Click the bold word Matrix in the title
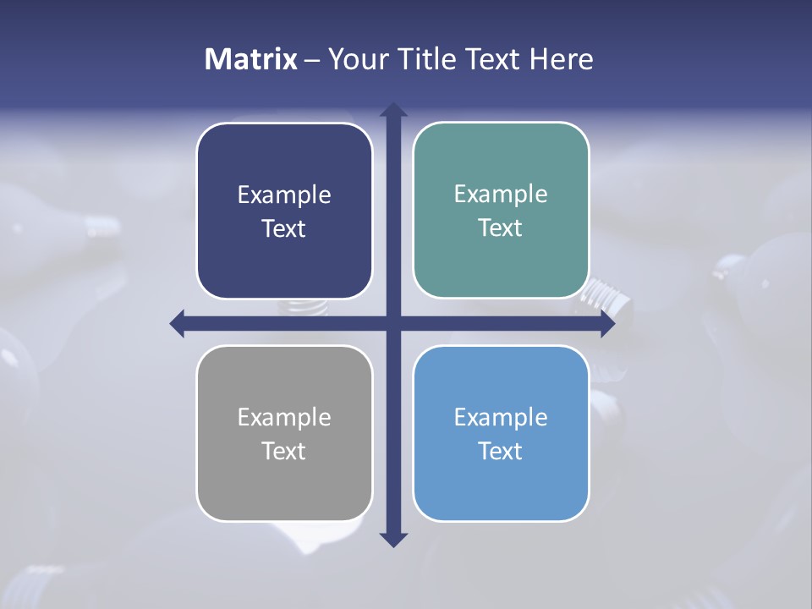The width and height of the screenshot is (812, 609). (251, 59)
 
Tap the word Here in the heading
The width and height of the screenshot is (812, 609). (561, 59)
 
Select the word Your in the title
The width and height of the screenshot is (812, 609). (351, 59)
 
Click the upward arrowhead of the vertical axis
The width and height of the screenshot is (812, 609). (393, 111)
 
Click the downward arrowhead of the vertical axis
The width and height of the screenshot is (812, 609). (393, 539)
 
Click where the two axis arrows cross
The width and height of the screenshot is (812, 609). (393, 323)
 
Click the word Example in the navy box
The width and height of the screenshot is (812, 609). (284, 195)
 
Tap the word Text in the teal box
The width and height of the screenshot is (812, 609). (501, 228)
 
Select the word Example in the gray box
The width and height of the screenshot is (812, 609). (284, 418)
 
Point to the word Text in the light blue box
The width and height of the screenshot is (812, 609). (501, 452)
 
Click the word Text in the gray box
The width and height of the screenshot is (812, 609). (284, 452)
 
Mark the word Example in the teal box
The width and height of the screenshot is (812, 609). (501, 195)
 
